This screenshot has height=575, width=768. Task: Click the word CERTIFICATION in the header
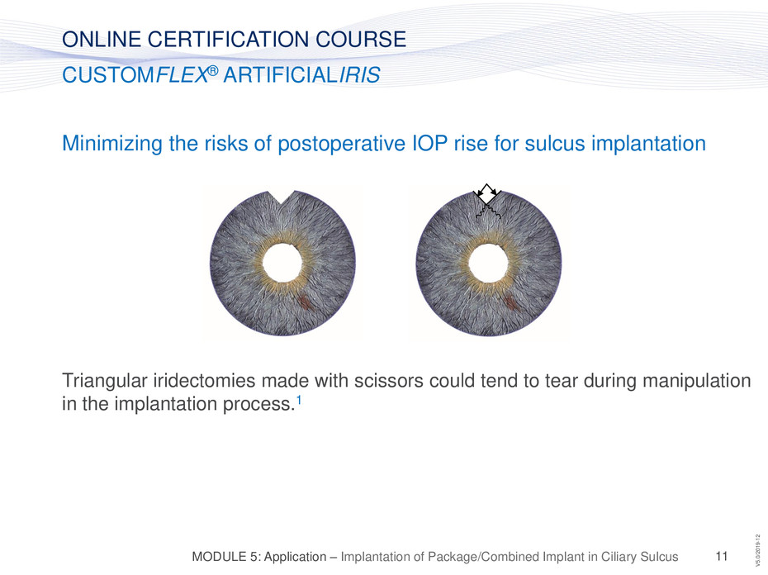pyautogui.click(x=229, y=39)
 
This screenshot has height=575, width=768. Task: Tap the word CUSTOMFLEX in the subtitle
pyautogui.click(x=135, y=75)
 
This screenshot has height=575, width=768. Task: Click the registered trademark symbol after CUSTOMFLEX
pyautogui.click(x=213, y=70)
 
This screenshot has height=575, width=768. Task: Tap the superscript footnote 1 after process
pyautogui.click(x=299, y=400)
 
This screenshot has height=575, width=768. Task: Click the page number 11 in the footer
pyautogui.click(x=722, y=556)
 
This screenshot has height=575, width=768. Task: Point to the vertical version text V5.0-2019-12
pyautogui.click(x=758, y=548)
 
